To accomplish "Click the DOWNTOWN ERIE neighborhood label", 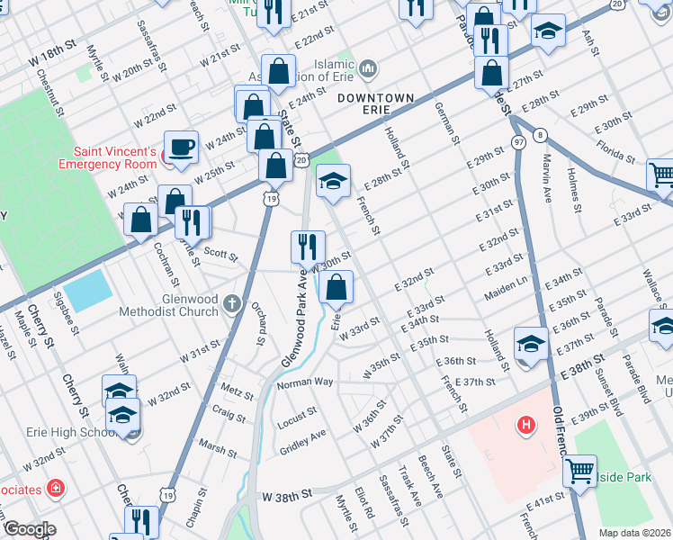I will tap(377, 98).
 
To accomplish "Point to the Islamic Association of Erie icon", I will tap(367, 69).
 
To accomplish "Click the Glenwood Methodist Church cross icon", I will tap(232, 302).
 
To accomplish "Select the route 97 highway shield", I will tap(518, 143).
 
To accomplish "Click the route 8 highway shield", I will tap(540, 135).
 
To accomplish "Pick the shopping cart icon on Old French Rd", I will tap(580, 468).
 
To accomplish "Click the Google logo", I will tap(29, 530).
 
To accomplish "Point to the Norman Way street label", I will tap(305, 383).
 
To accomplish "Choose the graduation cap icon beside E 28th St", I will tap(332, 182).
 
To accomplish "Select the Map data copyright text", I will tap(634, 533).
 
